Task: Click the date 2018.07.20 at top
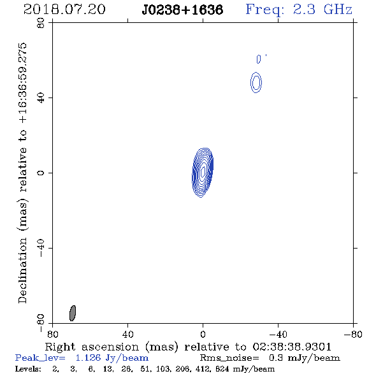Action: pyautogui.click(x=64, y=10)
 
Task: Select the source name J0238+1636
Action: pyautogui.click(x=182, y=10)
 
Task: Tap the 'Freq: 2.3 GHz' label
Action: pyautogui.click(x=299, y=10)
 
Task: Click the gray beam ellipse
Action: pyautogui.click(x=73, y=313)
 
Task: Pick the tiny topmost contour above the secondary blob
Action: pyautogui.click(x=259, y=59)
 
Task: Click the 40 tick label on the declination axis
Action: pyautogui.click(x=41, y=98)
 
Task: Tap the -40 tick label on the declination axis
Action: pyautogui.click(x=41, y=248)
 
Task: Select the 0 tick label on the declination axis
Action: pyautogui.click(x=41, y=173)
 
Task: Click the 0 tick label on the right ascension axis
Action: pyautogui.click(x=203, y=335)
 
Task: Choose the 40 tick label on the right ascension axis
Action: pyautogui.click(x=127, y=335)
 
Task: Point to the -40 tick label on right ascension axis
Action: pyautogui.click(x=278, y=335)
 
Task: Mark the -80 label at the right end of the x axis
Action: pyautogui.click(x=353, y=335)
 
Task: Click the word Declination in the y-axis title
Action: pyautogui.click(x=22, y=270)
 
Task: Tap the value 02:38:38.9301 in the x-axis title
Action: pyautogui.click(x=292, y=347)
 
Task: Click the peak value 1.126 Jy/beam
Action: pyautogui.click(x=112, y=358)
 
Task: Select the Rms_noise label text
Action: pyautogui.click(x=229, y=358)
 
